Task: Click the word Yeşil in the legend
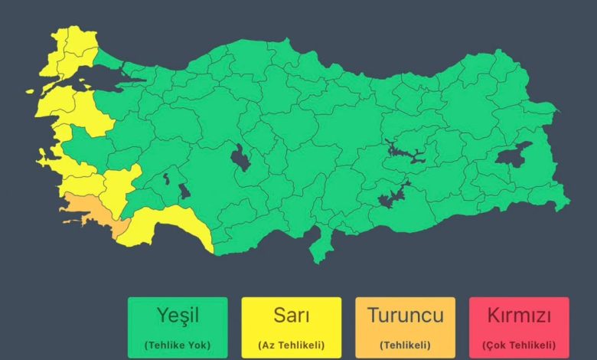point(178,314)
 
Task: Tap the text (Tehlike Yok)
point(178,345)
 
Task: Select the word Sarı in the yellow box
point(291,314)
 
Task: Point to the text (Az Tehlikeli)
point(291,345)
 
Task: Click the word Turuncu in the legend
point(405,314)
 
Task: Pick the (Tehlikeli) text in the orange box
point(405,345)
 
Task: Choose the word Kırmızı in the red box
point(518,314)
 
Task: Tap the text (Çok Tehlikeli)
point(518,345)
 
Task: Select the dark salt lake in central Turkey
point(241,159)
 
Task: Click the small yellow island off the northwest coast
point(31,91)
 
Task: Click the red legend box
point(518,328)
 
